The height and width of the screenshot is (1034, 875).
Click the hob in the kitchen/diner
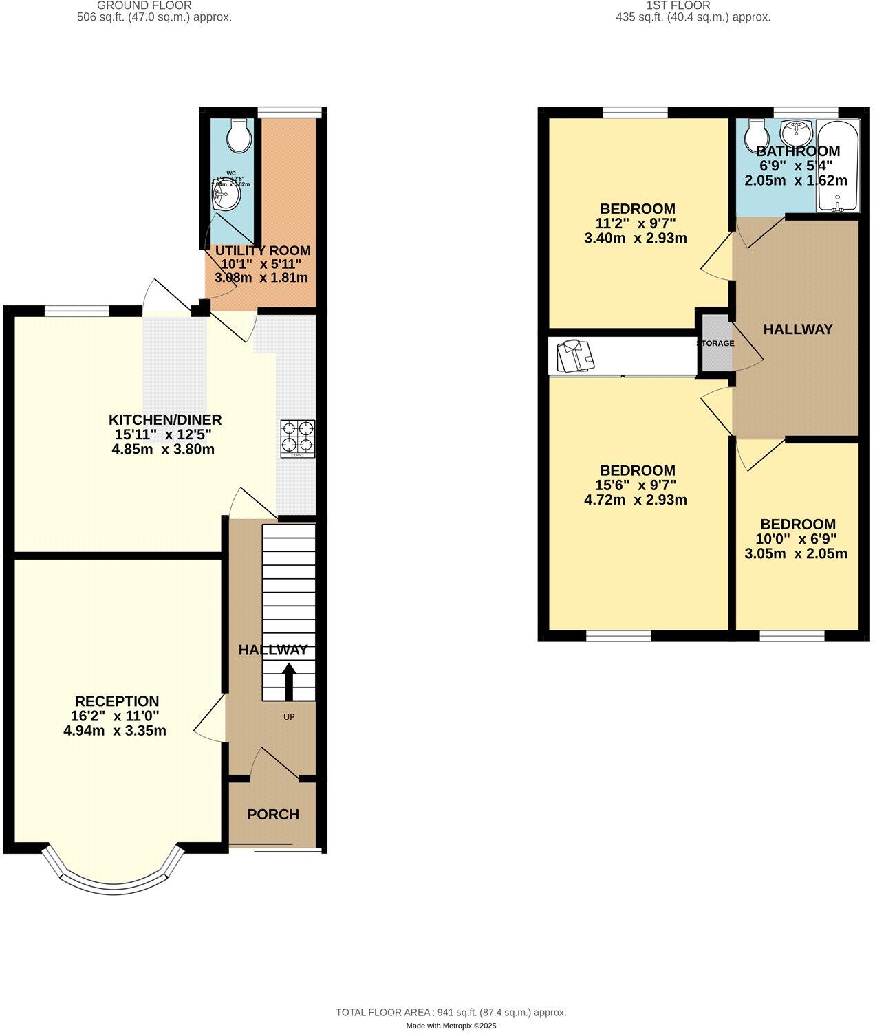click(298, 439)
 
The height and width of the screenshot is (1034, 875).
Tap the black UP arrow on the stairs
click(289, 681)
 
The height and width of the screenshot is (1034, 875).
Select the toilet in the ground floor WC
click(239, 136)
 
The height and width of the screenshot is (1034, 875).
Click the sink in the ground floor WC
click(226, 196)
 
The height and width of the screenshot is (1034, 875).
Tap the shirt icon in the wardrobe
click(574, 356)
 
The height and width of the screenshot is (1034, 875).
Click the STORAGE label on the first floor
click(715, 343)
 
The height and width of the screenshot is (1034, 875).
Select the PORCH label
click(273, 815)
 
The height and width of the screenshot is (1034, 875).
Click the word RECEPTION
click(116, 701)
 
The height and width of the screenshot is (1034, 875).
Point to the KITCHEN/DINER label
click(165, 420)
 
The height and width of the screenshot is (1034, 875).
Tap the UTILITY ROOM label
click(263, 251)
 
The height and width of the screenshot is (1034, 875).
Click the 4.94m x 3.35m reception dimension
click(115, 731)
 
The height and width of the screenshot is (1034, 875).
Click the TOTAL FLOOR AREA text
click(451, 1013)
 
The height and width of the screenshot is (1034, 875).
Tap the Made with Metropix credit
click(451, 1026)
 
